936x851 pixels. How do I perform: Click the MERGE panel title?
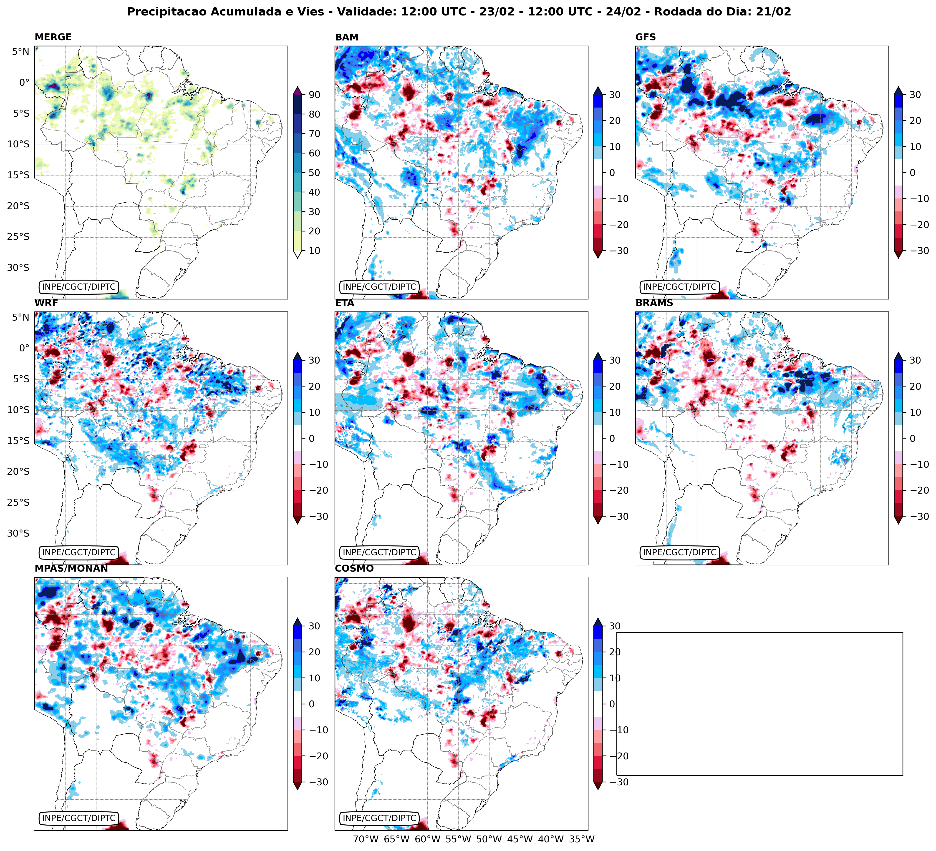click(53, 37)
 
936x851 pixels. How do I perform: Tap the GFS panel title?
click(645, 37)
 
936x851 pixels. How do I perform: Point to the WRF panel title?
click(46, 303)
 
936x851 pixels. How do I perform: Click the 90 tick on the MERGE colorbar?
click(314, 95)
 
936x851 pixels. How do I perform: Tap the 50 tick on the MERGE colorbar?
click(314, 173)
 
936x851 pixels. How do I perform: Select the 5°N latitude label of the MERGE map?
click(20, 52)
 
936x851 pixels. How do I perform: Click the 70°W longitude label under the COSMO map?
click(366, 839)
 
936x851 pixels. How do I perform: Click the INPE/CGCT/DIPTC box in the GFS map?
click(680, 287)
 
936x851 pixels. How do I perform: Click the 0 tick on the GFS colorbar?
click(912, 173)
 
